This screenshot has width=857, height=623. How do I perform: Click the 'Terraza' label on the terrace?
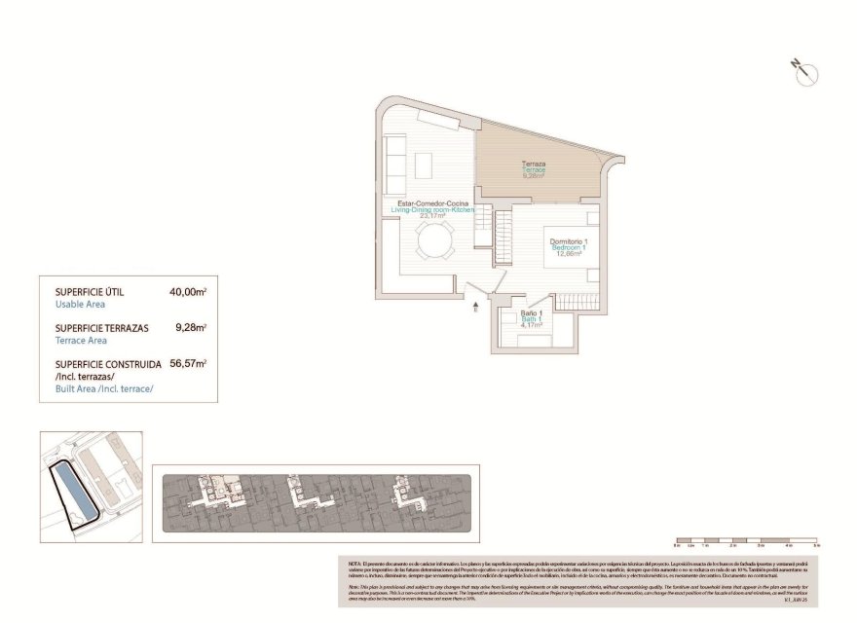point(533,164)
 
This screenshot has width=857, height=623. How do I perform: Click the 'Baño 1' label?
point(531,312)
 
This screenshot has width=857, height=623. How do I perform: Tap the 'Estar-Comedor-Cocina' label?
point(433,202)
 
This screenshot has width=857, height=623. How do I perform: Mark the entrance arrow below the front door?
point(474,309)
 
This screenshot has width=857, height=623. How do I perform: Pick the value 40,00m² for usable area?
point(188,291)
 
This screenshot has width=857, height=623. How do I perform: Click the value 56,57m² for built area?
point(188,363)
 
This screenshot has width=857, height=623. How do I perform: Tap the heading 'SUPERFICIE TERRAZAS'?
point(102,328)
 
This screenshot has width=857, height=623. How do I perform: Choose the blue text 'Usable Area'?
point(79,304)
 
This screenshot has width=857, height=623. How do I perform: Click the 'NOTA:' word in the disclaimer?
point(355,564)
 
